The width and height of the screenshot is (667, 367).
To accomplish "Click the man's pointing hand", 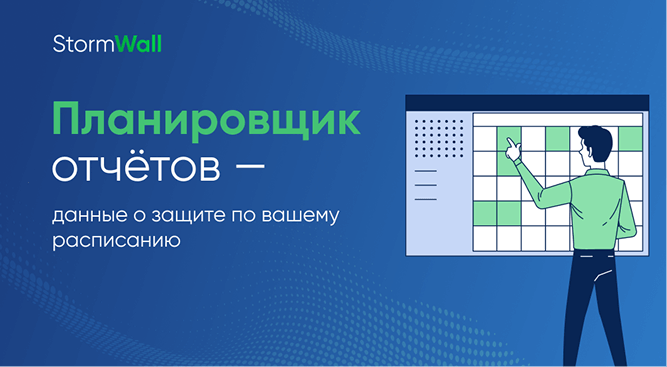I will (x=512, y=148).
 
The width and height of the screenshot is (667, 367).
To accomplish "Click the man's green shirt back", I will (x=602, y=200).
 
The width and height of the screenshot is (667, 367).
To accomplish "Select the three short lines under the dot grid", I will (x=425, y=184).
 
